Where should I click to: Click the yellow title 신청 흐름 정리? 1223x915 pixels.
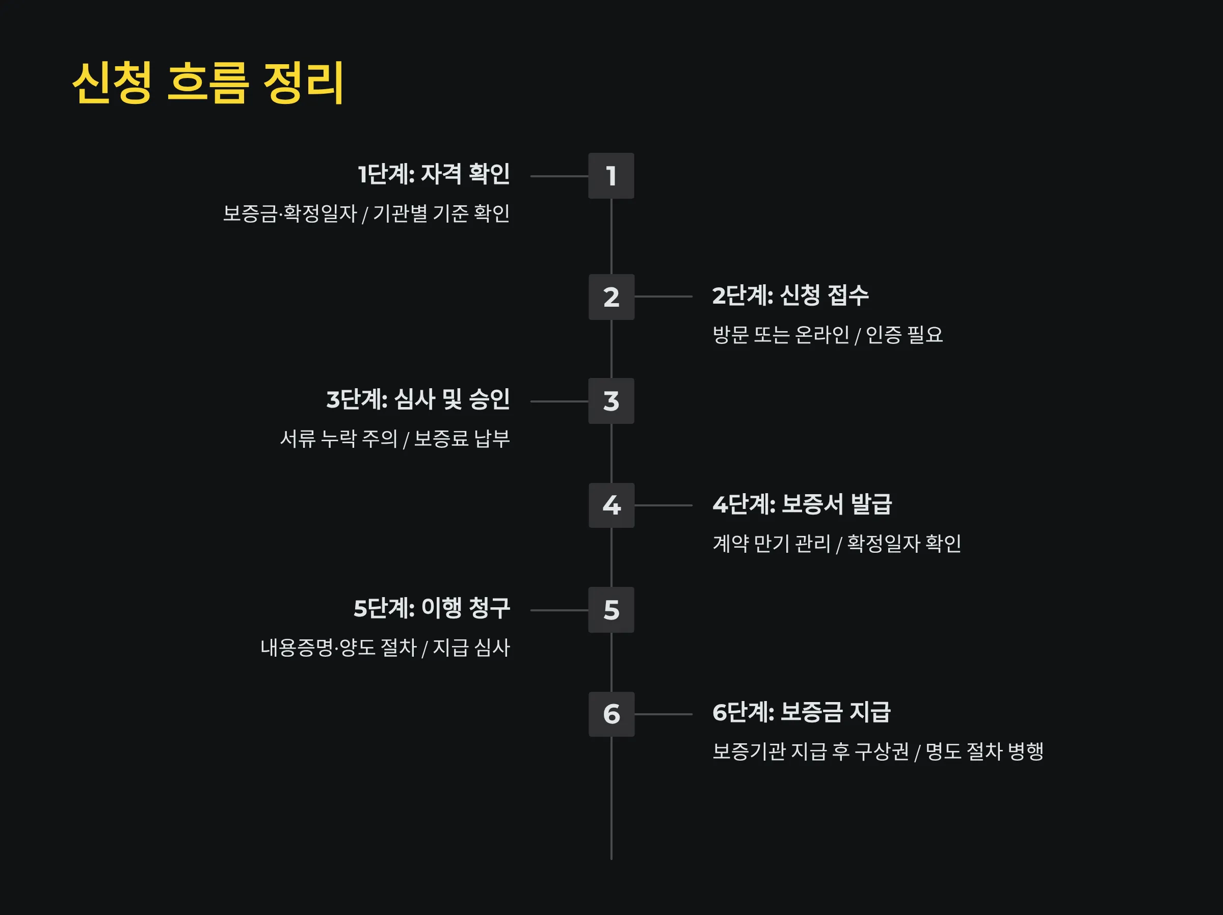(x=208, y=83)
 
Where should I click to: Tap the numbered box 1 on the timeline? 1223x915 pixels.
(x=611, y=176)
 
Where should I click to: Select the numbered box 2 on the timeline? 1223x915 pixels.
(x=611, y=297)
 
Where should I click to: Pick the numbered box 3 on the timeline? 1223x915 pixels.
(x=611, y=401)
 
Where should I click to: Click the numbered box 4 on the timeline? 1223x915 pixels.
(x=611, y=505)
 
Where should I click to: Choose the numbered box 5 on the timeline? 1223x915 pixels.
(x=611, y=610)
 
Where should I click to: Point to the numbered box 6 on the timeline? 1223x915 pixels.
(x=611, y=714)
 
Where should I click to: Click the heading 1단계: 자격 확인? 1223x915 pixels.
(x=434, y=174)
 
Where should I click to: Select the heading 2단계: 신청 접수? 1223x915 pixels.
(x=790, y=295)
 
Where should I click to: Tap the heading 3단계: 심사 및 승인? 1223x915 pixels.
(x=418, y=399)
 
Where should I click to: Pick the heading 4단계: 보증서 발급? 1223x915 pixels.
(x=802, y=504)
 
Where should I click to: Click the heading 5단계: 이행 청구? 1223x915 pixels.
(x=431, y=608)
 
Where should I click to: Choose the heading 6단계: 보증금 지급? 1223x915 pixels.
(x=801, y=712)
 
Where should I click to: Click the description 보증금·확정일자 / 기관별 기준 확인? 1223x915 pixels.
(x=366, y=213)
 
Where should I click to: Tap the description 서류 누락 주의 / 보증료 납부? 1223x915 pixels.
(x=395, y=439)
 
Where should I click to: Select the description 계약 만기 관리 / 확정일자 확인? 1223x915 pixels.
(x=837, y=544)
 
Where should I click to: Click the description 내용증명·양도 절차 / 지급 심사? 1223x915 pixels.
(x=385, y=648)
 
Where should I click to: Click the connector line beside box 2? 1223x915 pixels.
(x=663, y=297)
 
